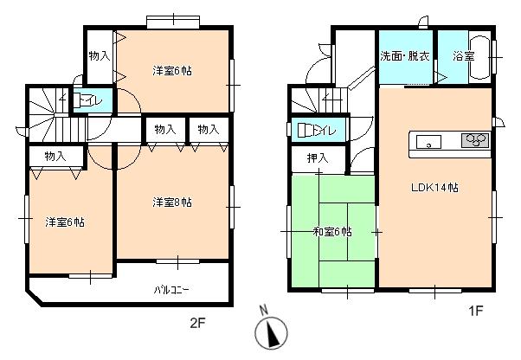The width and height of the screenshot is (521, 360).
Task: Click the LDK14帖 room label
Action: coord(434,188)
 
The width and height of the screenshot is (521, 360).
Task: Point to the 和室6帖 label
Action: coord(331,231)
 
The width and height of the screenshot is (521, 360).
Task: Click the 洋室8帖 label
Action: coord(172,202)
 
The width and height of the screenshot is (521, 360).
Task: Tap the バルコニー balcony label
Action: coord(171,289)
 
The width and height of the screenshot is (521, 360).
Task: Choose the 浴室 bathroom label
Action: coord(462,55)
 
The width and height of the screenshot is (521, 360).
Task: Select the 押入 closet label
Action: coord(318,158)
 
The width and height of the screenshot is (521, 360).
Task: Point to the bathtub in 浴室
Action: coord(479,59)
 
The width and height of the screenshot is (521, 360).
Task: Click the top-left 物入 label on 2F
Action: coord(99,55)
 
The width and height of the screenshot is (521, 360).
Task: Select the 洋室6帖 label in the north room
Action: coord(172,70)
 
